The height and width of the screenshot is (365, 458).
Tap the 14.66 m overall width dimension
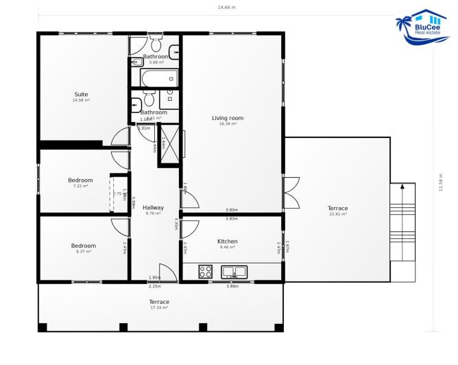coord(226,8)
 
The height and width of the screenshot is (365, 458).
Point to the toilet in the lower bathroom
coord(136,104)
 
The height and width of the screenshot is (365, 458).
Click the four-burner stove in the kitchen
coord(206,271)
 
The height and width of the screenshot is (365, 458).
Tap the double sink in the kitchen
coord(233,272)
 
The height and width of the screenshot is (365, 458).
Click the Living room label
coord(228,118)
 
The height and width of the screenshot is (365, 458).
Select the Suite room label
coord(81,95)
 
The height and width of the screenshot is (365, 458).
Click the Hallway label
coord(153,207)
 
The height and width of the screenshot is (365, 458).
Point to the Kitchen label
coord(227,242)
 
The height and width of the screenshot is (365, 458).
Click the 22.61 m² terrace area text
coord(337,214)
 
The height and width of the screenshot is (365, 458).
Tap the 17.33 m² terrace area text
coord(159,307)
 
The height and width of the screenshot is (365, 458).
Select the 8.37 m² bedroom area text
coord(84,252)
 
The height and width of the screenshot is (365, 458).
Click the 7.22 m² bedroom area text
coord(81,186)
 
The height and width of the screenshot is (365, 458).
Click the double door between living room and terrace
coord(291,193)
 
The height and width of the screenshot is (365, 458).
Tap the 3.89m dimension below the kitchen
coord(232,285)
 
